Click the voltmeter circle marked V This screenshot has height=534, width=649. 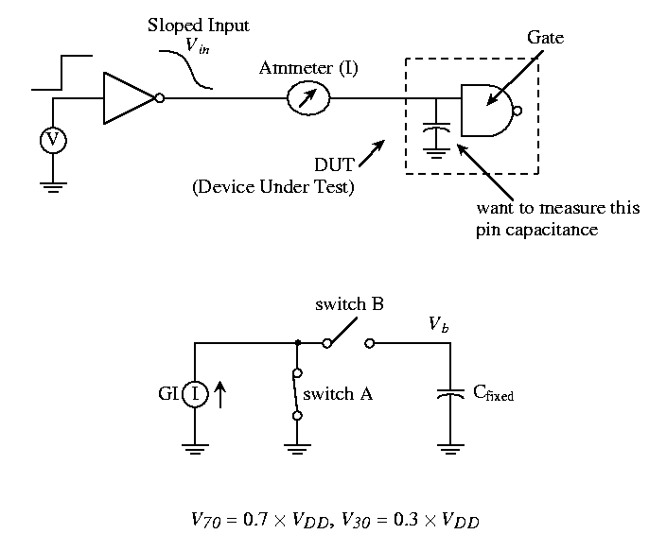pyautogui.click(x=53, y=140)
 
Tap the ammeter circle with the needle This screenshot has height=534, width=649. pyautogui.click(x=307, y=97)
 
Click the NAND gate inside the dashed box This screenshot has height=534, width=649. pyautogui.click(x=485, y=111)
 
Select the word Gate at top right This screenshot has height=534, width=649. pyautogui.click(x=544, y=37)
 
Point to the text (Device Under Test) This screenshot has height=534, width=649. pyautogui.click(x=272, y=187)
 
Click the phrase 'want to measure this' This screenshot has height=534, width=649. pyautogui.click(x=558, y=208)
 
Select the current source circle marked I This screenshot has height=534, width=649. pyautogui.click(x=194, y=392)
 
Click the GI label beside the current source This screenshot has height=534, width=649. pyautogui.click(x=167, y=392)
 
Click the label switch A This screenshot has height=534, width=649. pyautogui.click(x=336, y=393)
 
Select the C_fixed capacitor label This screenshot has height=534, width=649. pyautogui.click(x=493, y=393)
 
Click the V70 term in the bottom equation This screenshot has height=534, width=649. pyautogui.click(x=206, y=519)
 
